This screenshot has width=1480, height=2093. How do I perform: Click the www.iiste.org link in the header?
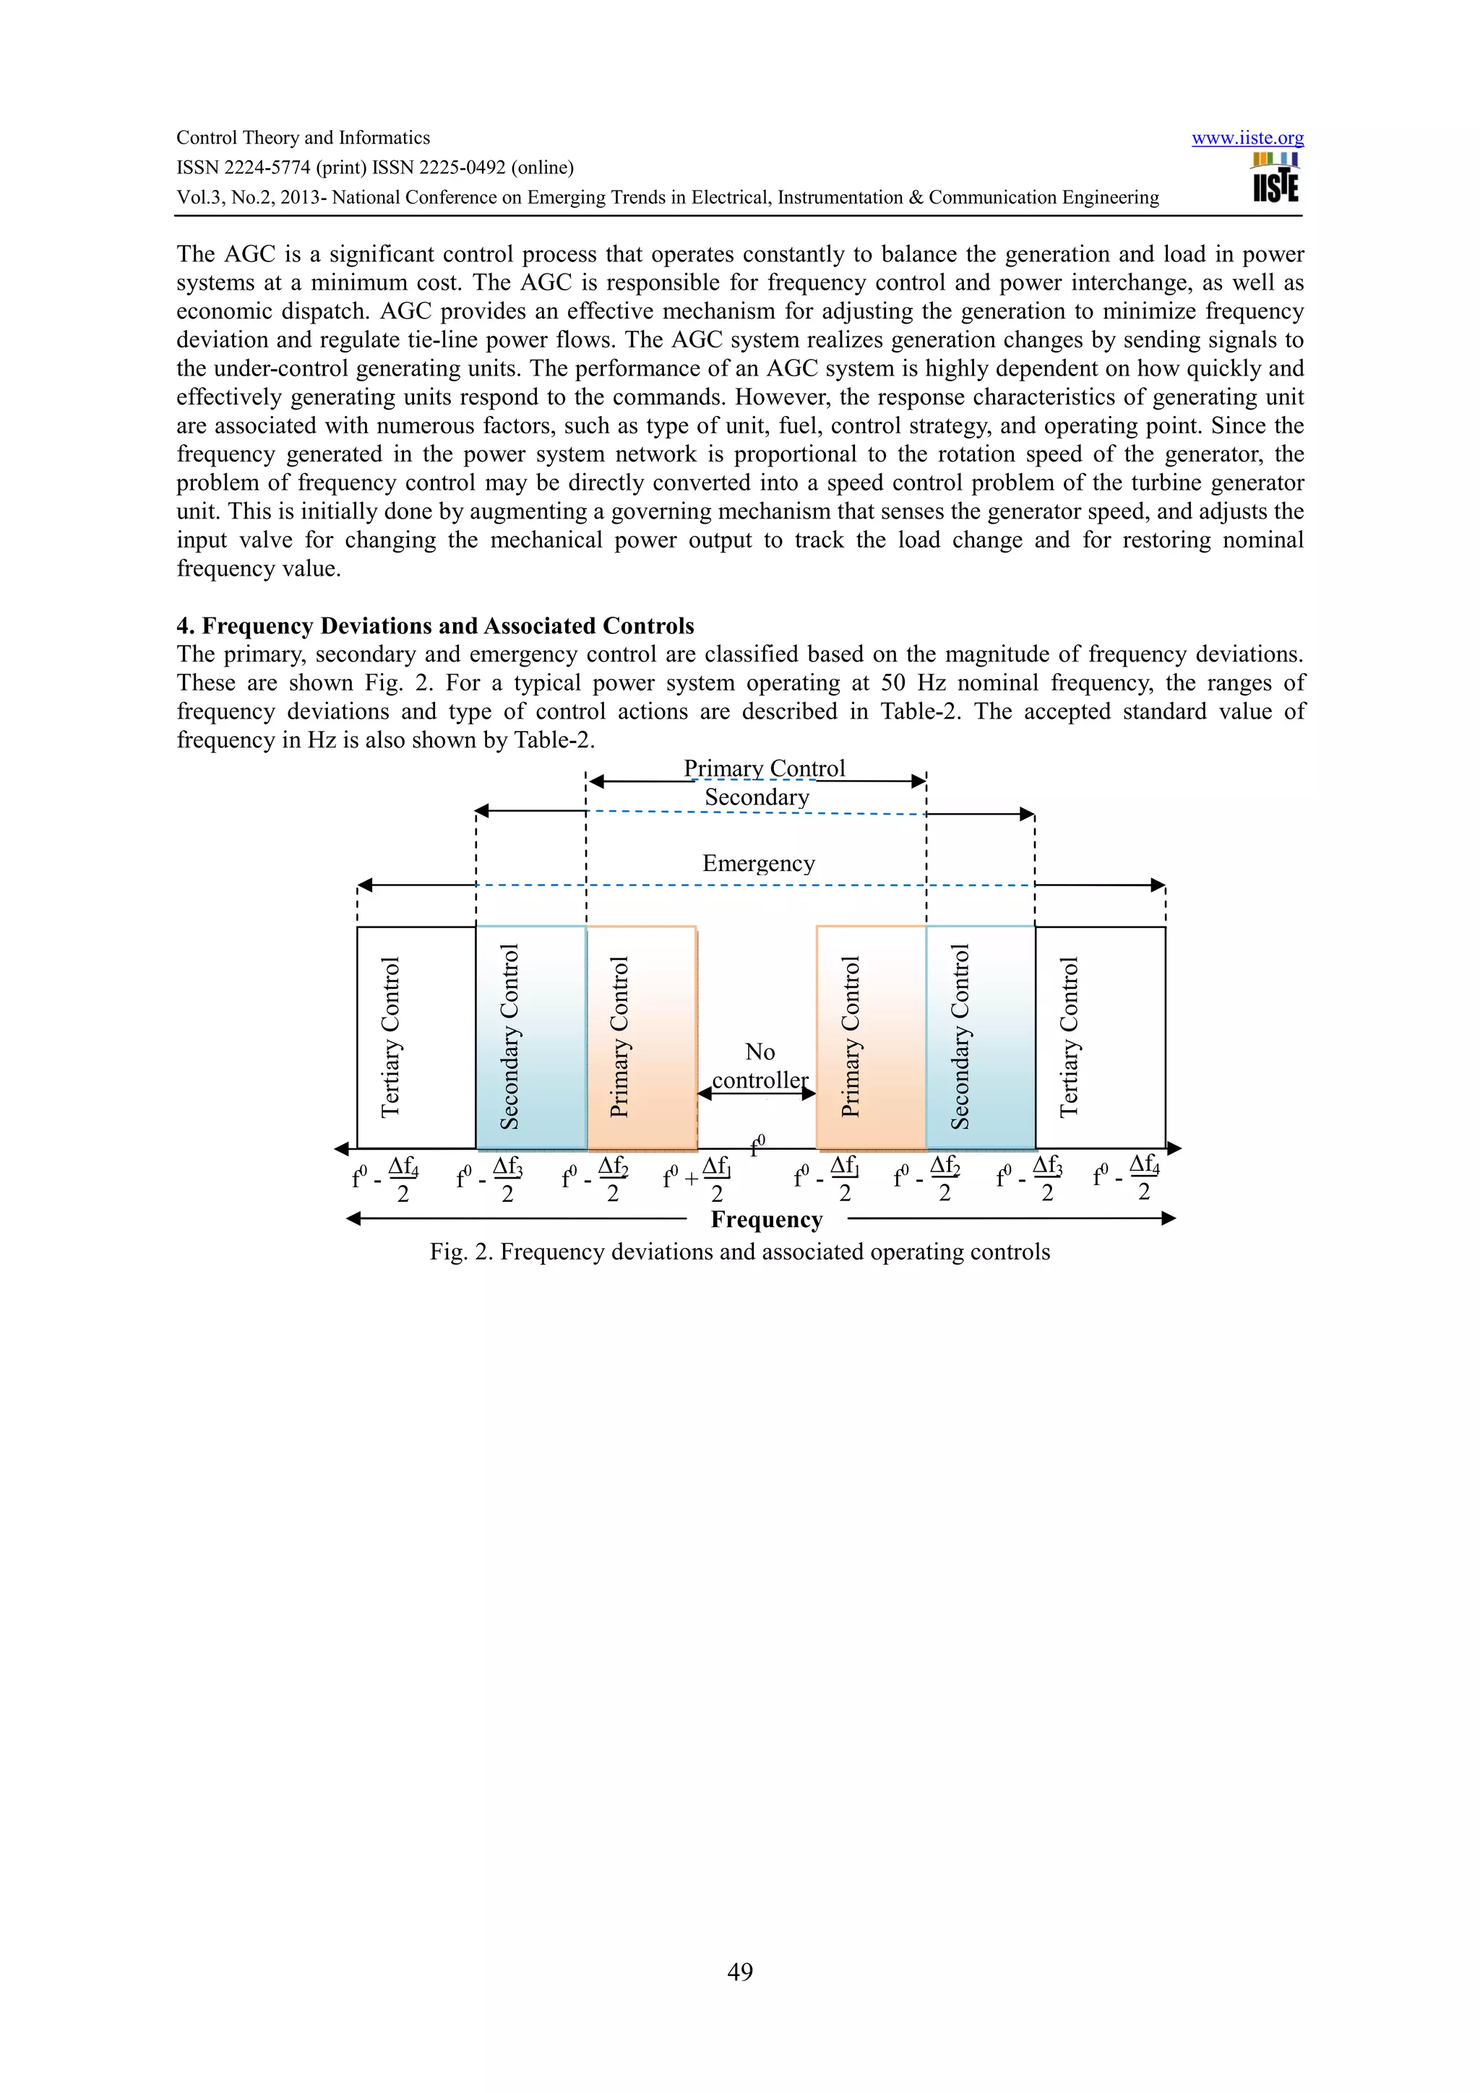[x=1247, y=139]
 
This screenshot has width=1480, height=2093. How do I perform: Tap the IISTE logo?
[x=1275, y=178]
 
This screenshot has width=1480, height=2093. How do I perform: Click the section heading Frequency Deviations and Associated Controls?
[x=435, y=626]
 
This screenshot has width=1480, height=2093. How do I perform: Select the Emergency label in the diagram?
[x=758, y=863]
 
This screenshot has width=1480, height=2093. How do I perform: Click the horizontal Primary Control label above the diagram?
[x=764, y=768]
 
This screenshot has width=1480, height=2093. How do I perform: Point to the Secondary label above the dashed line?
[x=757, y=797]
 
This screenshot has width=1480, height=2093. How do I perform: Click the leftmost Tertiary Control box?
[x=416, y=1037]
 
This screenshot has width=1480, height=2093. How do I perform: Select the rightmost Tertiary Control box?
[x=1100, y=1037]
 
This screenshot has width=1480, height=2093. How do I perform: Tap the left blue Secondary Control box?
[x=530, y=1037]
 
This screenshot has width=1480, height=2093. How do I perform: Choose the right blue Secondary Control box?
[x=981, y=1037]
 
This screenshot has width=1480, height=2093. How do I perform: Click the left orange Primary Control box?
[x=641, y=1037]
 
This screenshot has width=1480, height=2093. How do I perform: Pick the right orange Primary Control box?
[x=871, y=1037]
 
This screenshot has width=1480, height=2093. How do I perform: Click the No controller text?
[x=760, y=1066]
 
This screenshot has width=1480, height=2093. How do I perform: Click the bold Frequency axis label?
[x=766, y=1220]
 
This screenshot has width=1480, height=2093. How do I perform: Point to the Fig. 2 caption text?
[x=739, y=1252]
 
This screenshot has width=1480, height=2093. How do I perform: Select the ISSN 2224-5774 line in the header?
[x=375, y=168]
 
